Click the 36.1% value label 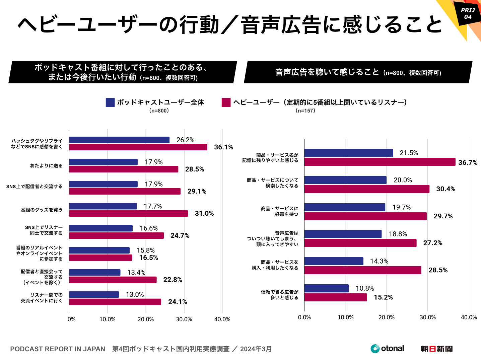point(223,147)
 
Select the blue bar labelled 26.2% point(119,140)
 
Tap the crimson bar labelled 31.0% point(129,213)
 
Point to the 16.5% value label point(148,258)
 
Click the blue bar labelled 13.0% point(94,295)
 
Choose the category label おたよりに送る point(46,166)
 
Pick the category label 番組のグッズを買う point(42,210)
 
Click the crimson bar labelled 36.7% point(380,162)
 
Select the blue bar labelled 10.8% point(327,288)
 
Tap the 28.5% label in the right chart point(438,270)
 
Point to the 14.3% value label point(379,261)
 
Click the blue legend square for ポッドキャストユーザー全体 point(110,102)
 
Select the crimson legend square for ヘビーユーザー point(226,102)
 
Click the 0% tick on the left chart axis point(71,319)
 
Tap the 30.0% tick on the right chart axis point(428,317)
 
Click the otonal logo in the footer point(387,349)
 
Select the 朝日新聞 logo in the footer point(436,349)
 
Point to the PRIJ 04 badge point(468,13)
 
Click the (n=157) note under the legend point(305,111)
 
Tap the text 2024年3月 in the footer point(256,349)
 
